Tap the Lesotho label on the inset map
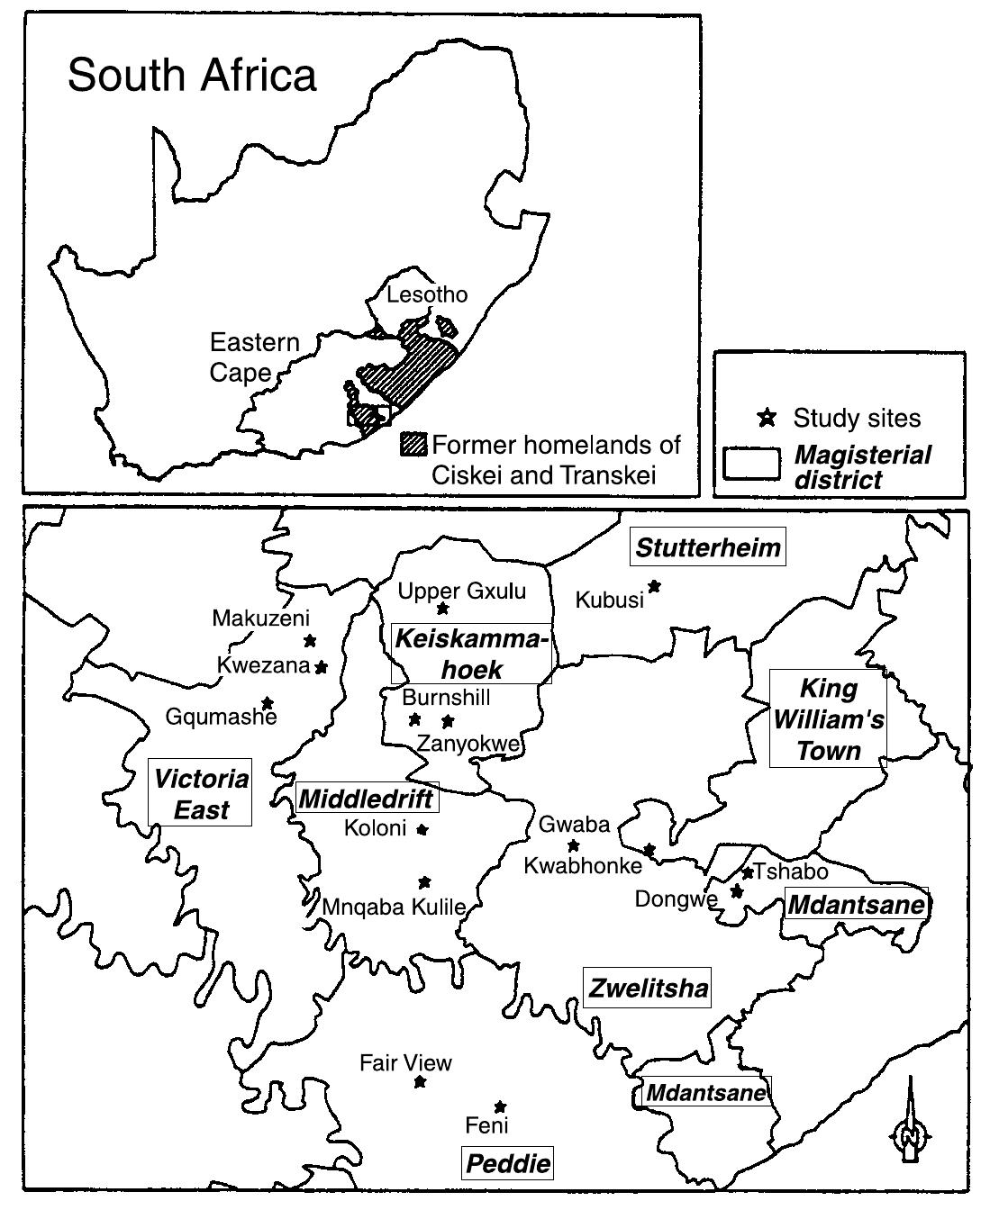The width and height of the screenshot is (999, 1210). pos(427,294)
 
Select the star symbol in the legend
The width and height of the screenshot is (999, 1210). pos(767,417)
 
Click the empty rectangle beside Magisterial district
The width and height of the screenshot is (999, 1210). pos(751,464)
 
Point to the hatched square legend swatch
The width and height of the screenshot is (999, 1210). pos(414,444)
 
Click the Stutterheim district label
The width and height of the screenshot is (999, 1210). pos(708,547)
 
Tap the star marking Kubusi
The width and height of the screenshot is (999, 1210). pos(655,586)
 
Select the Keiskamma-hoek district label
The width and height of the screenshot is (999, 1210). pos(471,653)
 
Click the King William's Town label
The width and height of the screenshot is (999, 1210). pos(828,719)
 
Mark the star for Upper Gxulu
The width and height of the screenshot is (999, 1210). pos(442,610)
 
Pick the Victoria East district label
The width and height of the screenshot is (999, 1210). pos(200,793)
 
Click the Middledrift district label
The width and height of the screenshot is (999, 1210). pos(367,798)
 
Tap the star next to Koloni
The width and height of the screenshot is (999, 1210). pos(422,829)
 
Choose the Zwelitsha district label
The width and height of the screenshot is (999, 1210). pos(648,989)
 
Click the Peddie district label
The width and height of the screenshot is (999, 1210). pos(508,1163)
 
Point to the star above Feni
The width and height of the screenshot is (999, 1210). pos(500,1106)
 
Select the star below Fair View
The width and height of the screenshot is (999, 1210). pos(420,1081)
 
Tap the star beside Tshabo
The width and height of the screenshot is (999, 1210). pos(747,872)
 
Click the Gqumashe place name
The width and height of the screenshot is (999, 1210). pos(222,718)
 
